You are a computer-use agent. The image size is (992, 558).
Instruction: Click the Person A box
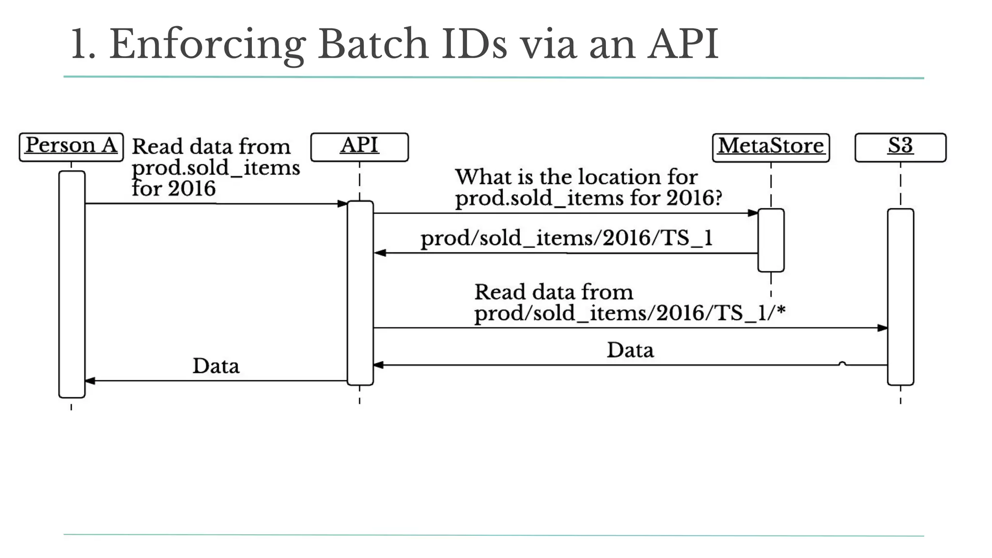point(71,147)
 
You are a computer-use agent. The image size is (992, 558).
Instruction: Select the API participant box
point(359,147)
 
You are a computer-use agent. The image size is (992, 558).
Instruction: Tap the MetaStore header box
point(771,147)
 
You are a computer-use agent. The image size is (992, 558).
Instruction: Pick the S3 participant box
point(900,147)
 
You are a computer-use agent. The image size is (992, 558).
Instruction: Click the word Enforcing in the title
point(207,45)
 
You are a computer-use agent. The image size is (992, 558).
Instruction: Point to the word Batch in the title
point(373,45)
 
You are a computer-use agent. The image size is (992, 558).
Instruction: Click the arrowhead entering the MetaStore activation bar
point(753,213)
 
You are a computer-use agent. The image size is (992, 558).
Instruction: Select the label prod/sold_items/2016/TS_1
point(566,238)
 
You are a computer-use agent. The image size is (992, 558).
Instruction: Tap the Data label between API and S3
point(630,350)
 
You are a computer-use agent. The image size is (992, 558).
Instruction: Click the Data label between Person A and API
point(216,366)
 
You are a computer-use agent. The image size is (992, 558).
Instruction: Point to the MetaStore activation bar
point(771,240)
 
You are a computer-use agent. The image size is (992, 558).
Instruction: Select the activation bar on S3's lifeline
point(900,296)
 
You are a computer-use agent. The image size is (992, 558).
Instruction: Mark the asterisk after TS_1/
point(780,310)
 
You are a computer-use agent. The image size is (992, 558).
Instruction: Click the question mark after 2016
point(718,198)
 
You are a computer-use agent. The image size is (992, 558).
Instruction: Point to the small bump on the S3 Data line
point(842,363)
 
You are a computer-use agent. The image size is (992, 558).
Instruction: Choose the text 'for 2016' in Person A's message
point(173,188)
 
